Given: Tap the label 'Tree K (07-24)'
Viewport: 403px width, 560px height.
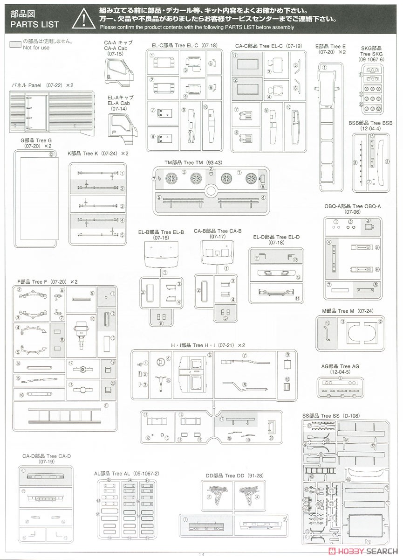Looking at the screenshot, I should pyautogui.click(x=92, y=153).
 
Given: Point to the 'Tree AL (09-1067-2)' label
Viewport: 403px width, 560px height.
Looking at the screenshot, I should pyautogui.click(x=127, y=473).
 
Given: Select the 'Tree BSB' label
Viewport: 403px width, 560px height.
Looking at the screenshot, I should pyautogui.click(x=371, y=123).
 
